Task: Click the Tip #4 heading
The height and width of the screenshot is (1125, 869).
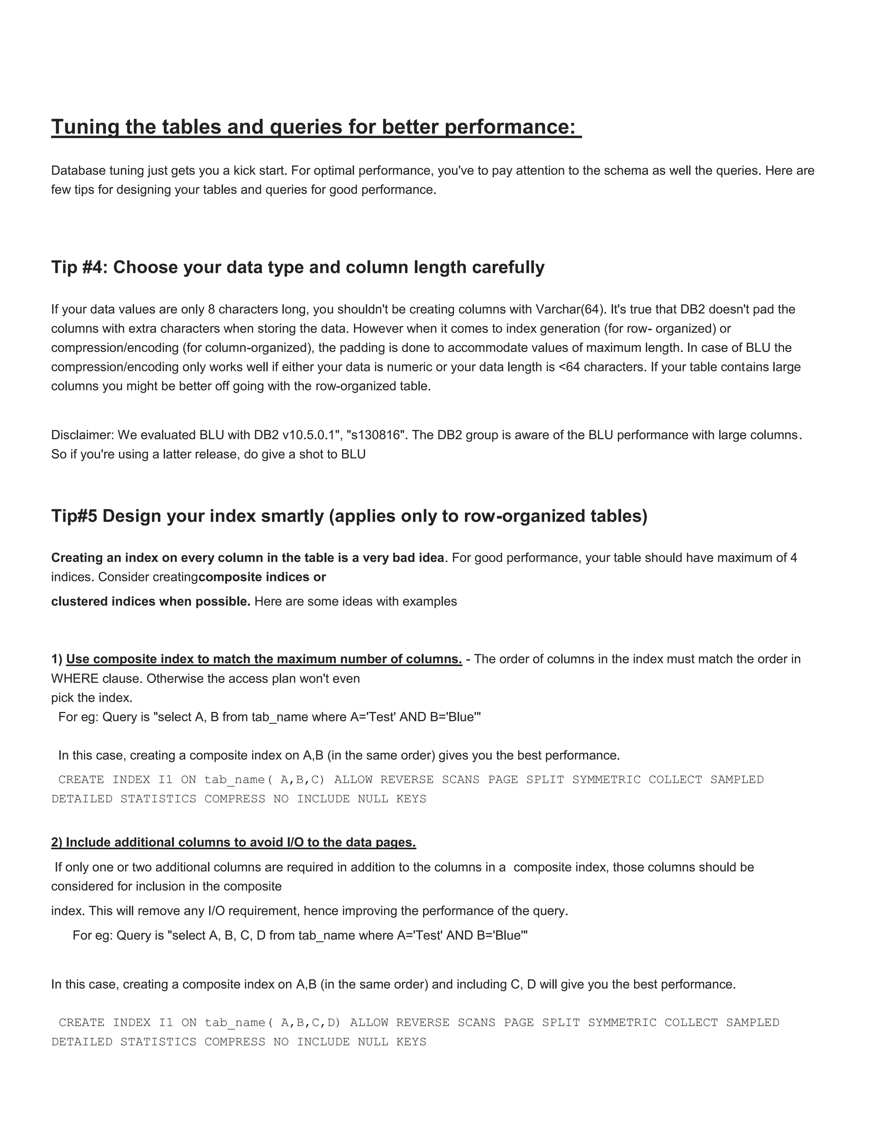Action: point(297,267)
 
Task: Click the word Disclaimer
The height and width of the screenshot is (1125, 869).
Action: point(82,435)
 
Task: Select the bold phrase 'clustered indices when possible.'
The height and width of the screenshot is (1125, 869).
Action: point(150,602)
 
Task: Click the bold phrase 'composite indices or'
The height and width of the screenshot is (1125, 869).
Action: point(262,577)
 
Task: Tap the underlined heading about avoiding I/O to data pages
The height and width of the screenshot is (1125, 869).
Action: point(233,843)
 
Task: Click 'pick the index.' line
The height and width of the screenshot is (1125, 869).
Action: point(92,698)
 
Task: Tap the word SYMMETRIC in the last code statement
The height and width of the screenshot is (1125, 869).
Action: point(622,1023)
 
